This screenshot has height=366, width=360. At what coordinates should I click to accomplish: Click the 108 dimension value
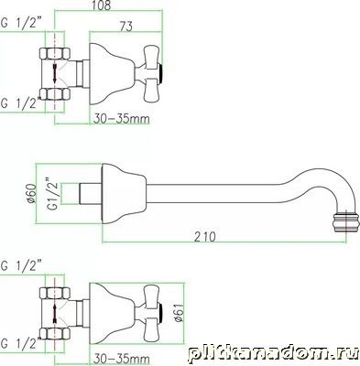tap(102, 5)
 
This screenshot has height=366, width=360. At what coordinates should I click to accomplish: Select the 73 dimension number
tap(125, 27)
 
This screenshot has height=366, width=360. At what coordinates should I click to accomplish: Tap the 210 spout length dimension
tap(205, 237)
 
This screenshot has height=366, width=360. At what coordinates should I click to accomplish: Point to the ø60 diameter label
tap(31, 193)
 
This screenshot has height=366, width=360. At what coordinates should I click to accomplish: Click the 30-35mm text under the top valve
tap(122, 118)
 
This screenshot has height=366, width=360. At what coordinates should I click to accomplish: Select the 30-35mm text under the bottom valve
tap(122, 358)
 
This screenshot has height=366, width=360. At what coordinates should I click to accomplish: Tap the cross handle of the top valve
tap(152, 74)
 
